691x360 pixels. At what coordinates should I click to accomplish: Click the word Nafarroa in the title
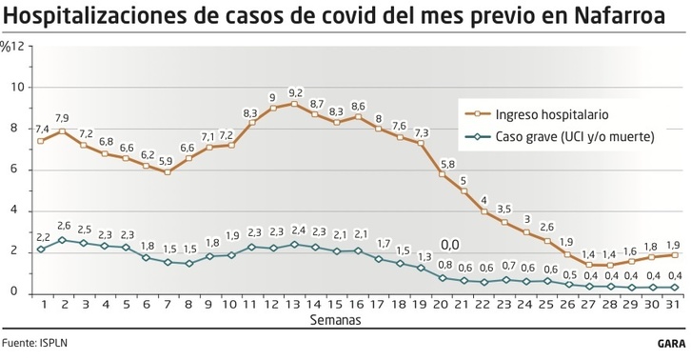(618, 16)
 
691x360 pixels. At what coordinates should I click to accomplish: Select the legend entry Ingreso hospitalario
(551, 113)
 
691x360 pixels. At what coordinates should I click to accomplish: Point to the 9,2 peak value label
(295, 92)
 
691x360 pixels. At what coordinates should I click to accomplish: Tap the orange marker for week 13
(294, 104)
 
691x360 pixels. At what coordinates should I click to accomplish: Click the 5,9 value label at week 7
(167, 160)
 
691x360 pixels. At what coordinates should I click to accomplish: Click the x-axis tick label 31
(675, 304)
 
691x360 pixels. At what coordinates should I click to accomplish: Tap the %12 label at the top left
(12, 46)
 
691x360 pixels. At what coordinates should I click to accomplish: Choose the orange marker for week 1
(41, 141)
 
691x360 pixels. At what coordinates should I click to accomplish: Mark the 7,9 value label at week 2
(62, 118)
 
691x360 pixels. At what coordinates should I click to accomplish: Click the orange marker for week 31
(675, 254)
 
